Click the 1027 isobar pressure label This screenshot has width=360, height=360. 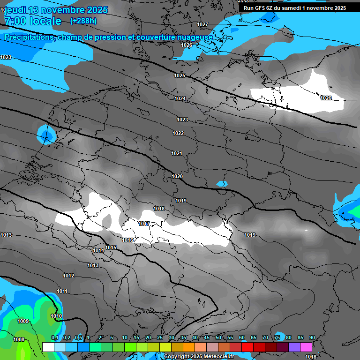[202, 24]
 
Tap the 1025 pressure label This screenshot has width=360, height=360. [180, 75]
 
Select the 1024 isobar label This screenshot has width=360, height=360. [180, 98]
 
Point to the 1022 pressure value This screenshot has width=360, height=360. [178, 134]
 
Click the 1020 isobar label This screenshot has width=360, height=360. [177, 177]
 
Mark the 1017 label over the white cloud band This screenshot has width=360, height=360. [144, 224]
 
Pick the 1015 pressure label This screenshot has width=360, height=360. [111, 247]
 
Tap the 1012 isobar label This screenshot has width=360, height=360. [68, 276]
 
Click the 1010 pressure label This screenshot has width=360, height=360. [56, 316]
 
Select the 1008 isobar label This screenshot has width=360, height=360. [19, 340]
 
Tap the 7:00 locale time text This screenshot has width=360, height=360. [32, 21]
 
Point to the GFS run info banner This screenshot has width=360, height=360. [295, 8]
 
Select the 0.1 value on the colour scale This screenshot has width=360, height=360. [54, 338]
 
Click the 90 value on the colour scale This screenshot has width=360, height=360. [312, 338]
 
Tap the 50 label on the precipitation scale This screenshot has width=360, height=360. [218, 338]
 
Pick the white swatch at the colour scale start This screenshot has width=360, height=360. [48, 347]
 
